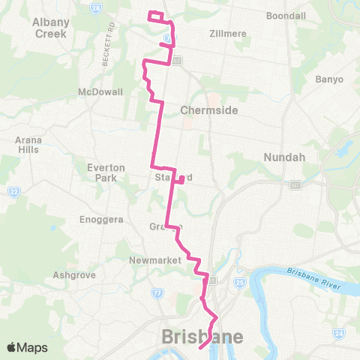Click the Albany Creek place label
point(50,28)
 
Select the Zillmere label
point(207,33)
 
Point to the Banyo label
point(329,79)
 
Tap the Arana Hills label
point(29,145)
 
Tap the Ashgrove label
point(74,275)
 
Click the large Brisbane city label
point(202,337)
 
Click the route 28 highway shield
point(96,7)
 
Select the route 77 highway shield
point(157,293)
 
